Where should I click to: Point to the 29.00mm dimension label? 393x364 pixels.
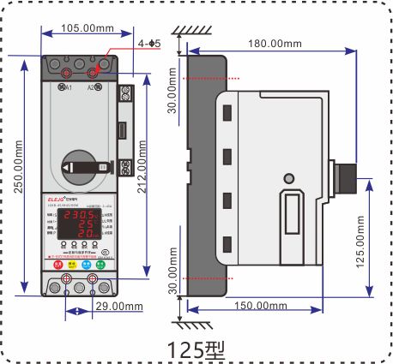(x=119, y=305)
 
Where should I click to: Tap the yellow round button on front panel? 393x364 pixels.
(x=73, y=266)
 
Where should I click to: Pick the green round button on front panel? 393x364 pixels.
(x=100, y=266)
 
